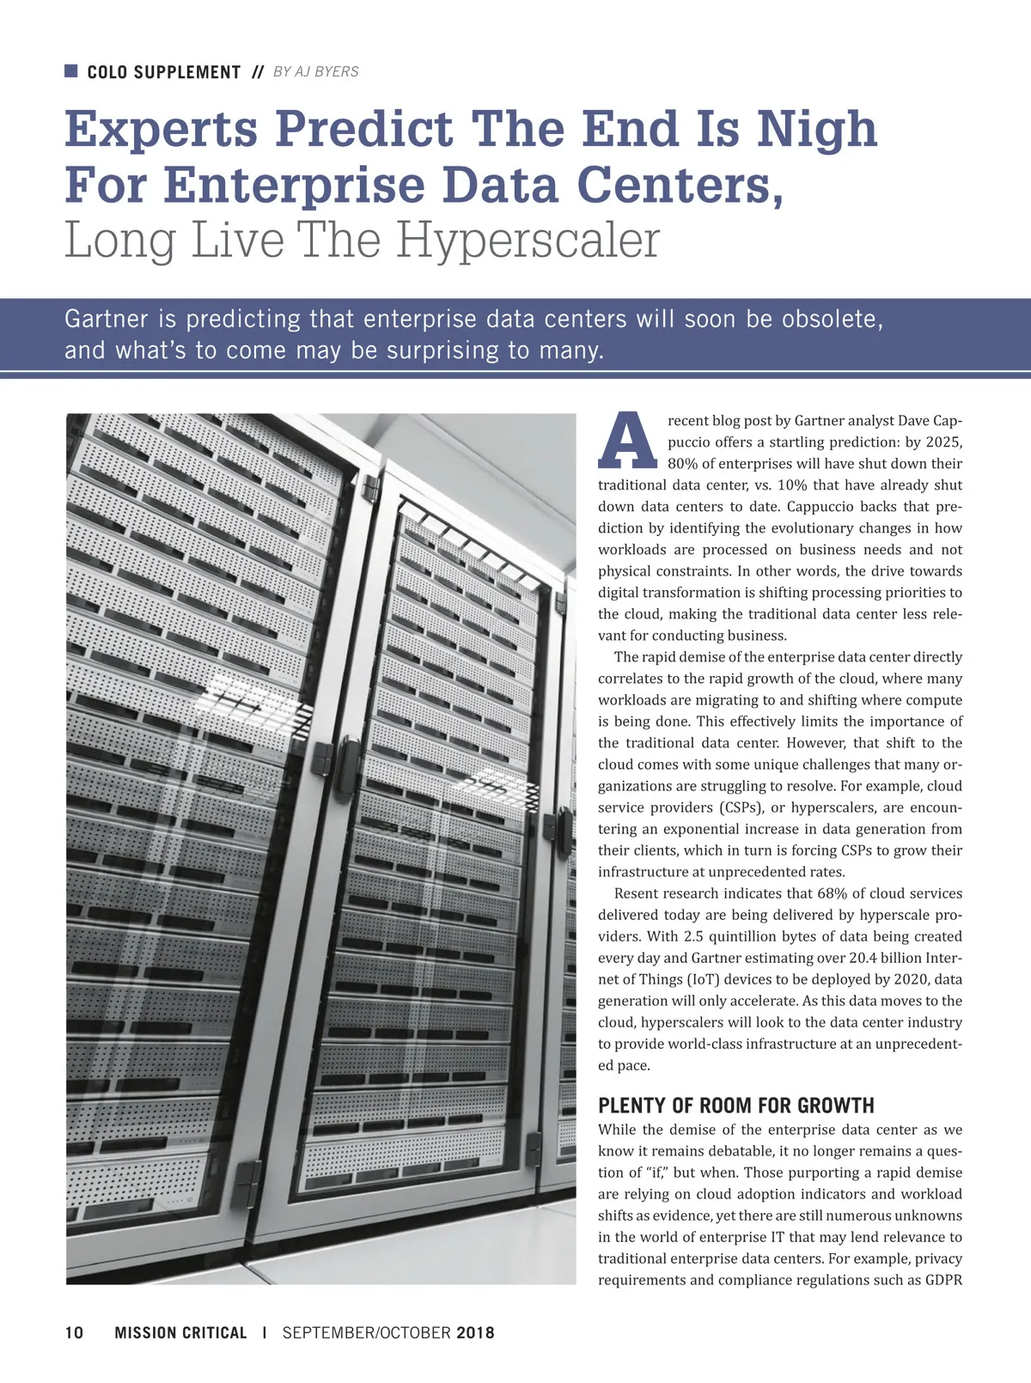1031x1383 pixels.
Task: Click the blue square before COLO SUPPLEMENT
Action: (x=71, y=70)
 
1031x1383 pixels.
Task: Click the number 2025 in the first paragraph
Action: (x=943, y=442)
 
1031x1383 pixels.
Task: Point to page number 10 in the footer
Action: (x=74, y=1333)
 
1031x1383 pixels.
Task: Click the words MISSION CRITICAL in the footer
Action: (x=180, y=1333)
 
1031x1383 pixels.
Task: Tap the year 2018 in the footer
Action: (x=475, y=1333)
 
